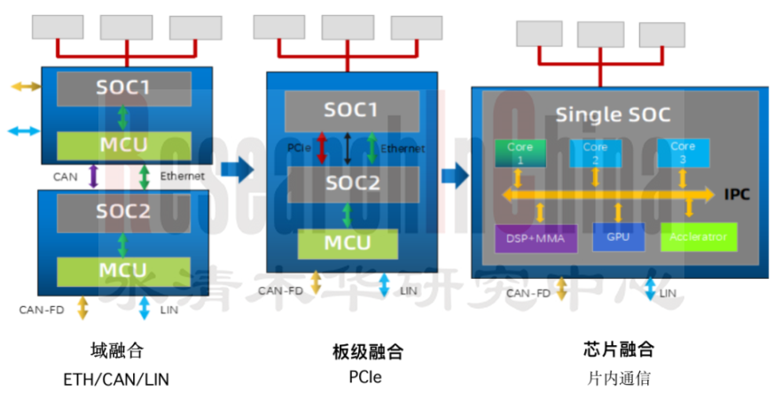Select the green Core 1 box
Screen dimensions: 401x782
point(520,152)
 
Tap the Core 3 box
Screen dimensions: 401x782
point(683,152)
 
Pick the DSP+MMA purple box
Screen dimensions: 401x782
point(536,237)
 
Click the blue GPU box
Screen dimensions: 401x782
point(618,237)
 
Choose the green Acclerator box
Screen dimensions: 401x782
point(699,236)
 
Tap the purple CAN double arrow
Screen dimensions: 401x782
point(94,176)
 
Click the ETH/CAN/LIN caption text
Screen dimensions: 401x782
point(116,379)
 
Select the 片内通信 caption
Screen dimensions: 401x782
point(619,378)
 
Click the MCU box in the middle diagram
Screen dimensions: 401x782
point(347,243)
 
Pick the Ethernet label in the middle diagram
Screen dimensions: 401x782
point(403,149)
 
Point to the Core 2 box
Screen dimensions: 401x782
point(595,152)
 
